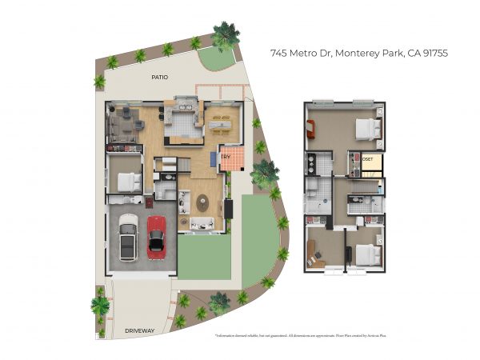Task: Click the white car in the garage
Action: [128, 239]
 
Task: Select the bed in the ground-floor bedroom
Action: [127, 180]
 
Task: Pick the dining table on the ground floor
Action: [222, 122]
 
